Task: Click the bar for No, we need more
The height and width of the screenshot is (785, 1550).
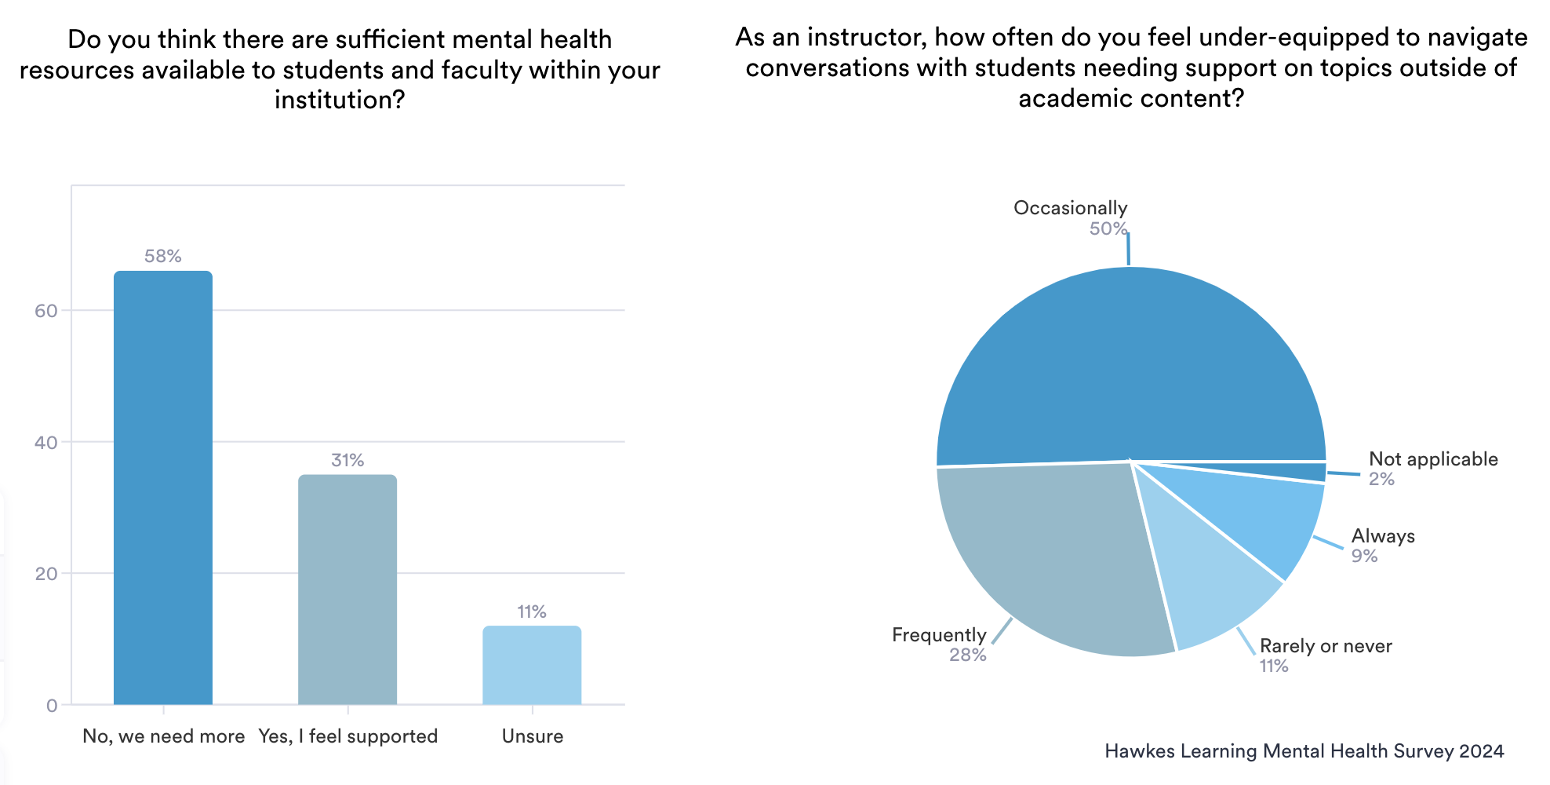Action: click(x=163, y=487)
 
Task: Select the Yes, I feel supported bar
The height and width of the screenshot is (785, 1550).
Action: click(x=347, y=589)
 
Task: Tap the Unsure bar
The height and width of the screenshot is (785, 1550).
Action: click(x=532, y=665)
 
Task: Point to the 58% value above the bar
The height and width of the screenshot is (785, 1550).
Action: click(x=163, y=256)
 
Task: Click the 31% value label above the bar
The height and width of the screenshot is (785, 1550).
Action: click(x=347, y=460)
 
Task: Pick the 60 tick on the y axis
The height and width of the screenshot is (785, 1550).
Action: click(x=46, y=311)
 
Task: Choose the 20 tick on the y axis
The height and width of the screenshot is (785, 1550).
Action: click(x=46, y=574)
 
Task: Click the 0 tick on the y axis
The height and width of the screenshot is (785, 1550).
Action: click(x=52, y=705)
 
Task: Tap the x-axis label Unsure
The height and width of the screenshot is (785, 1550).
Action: click(x=533, y=736)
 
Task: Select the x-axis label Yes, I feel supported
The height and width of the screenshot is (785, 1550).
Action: click(x=348, y=736)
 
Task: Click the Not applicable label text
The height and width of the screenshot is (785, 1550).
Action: click(x=1433, y=459)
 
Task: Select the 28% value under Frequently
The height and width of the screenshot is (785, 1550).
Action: click(x=968, y=655)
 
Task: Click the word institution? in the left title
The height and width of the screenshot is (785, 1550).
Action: click(x=340, y=100)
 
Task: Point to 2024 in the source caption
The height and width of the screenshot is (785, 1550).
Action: click(x=1482, y=751)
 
